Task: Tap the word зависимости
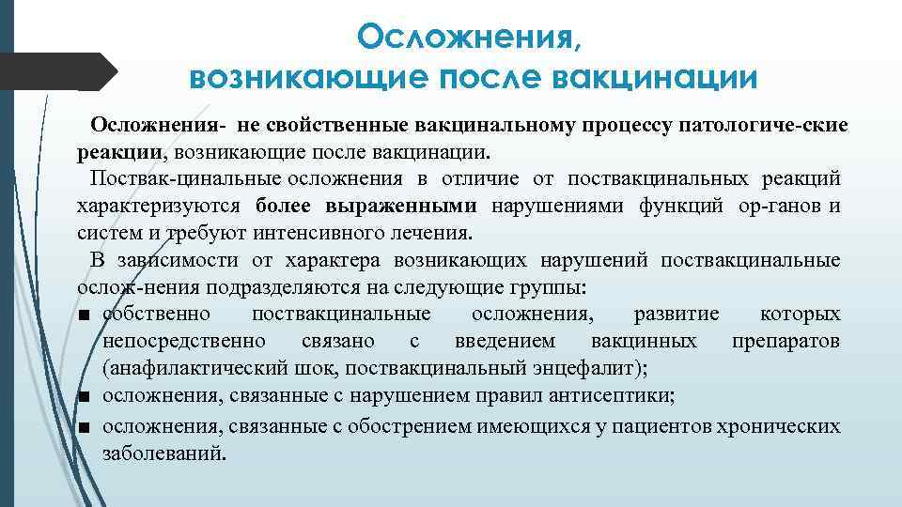(x=179, y=260)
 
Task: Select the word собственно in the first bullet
(x=157, y=314)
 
